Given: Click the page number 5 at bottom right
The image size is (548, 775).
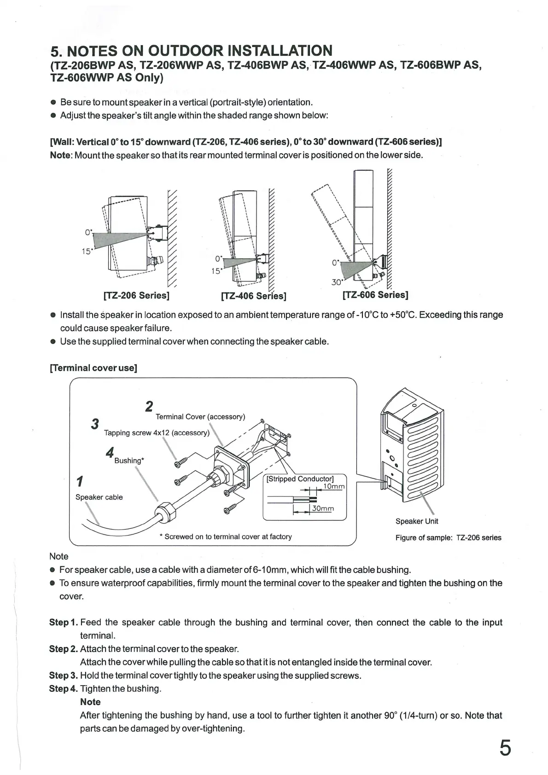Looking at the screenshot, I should (505, 748).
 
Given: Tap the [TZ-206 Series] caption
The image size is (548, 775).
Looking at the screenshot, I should (136, 295).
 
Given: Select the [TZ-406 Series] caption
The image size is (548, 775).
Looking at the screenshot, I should (254, 296).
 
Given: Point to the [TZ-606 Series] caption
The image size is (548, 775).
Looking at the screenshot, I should (375, 295).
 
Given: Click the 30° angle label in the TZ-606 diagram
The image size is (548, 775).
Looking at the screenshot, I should (337, 282).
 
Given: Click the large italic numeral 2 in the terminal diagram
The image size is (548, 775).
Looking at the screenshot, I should (149, 407).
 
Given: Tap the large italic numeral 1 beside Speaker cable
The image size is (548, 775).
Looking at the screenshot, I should (80, 482).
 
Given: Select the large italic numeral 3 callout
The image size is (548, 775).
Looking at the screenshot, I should (95, 424).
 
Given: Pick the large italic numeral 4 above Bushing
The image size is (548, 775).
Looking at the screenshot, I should (110, 452).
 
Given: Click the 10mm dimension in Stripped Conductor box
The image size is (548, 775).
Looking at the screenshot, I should (333, 486).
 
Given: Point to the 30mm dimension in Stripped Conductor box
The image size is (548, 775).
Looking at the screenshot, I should (323, 508).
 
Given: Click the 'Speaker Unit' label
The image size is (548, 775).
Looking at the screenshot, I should (417, 521).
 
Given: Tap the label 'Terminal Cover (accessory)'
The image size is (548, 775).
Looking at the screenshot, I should (200, 417).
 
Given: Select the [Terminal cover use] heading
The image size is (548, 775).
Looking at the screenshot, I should (93, 368).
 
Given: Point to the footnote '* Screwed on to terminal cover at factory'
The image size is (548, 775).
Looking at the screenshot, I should (226, 536).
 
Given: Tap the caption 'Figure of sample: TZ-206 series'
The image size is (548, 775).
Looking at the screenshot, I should (448, 537).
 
